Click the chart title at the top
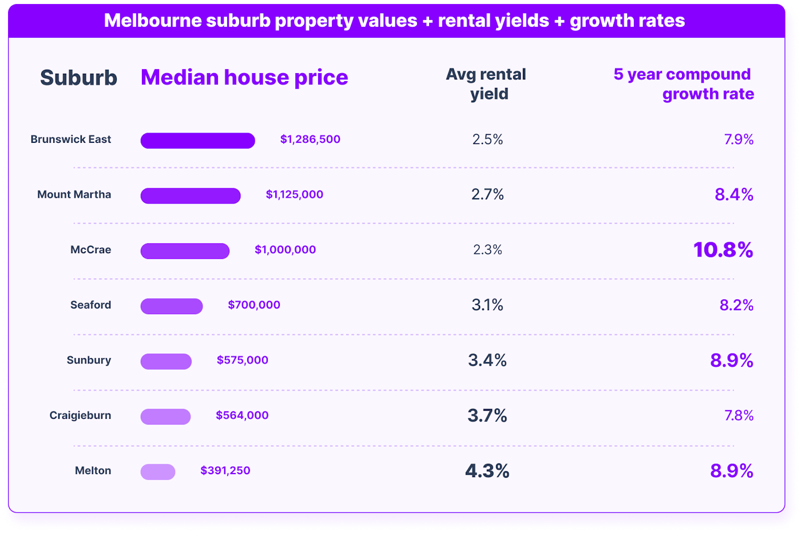394,21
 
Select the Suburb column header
78,78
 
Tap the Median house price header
244,78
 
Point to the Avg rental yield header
486,84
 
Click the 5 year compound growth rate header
683,84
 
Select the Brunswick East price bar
197,141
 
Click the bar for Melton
158,472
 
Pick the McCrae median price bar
185,251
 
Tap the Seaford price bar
172,306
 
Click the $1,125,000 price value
294,195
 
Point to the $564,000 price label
242,415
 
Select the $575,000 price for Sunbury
242,360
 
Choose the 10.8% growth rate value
723,250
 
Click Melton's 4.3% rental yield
487,471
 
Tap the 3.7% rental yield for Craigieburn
487,415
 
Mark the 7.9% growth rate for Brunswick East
739,139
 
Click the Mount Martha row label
74,195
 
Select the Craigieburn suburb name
80,415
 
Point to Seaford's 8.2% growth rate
736,305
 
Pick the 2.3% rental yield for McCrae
487,250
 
